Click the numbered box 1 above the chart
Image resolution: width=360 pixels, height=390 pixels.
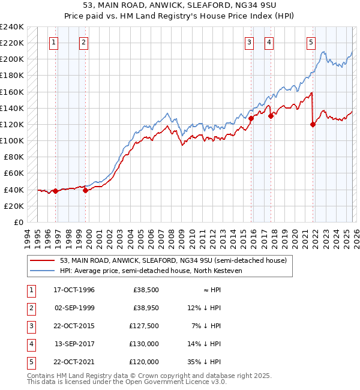(x=54, y=42)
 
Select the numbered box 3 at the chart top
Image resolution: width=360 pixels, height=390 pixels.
(x=248, y=42)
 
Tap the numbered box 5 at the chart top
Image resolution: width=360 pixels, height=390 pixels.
(x=311, y=42)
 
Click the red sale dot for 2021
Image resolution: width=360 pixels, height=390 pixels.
(x=313, y=124)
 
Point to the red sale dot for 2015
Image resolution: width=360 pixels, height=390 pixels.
(x=251, y=118)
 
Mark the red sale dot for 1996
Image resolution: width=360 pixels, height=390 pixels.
(x=55, y=191)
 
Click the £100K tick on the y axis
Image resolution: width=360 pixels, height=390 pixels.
(x=12, y=140)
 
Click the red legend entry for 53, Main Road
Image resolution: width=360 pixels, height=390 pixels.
(x=173, y=260)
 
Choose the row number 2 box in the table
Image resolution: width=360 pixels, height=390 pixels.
(x=30, y=308)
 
